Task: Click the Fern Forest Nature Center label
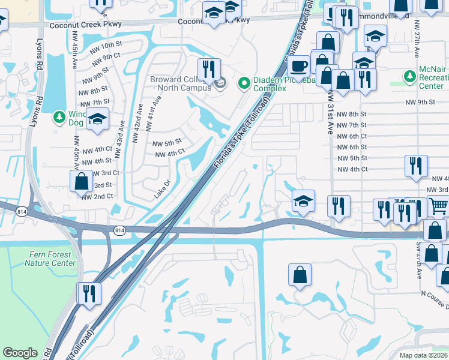pos(50,259)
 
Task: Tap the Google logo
pos(20,353)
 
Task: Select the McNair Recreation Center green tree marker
pos(410,76)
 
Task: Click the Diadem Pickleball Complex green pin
pos(244,83)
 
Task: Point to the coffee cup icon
pos(298,65)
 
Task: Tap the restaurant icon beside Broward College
pos(209,69)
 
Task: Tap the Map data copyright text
pos(423,355)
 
